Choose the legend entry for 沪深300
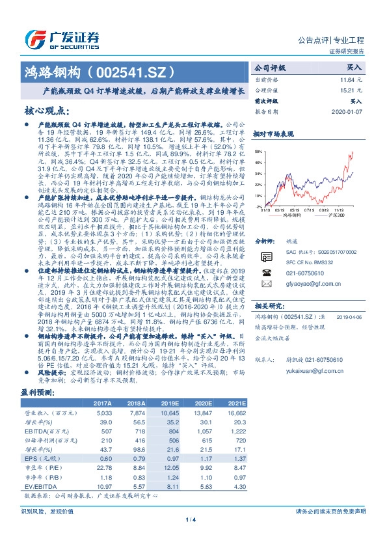[333, 215]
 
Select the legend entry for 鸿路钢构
[287, 215]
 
